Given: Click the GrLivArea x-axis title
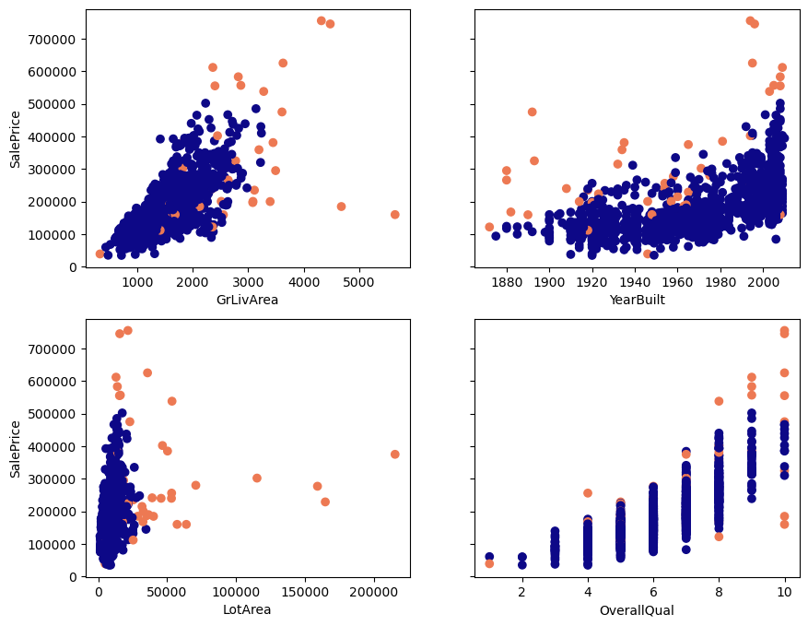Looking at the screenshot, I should point(247,300).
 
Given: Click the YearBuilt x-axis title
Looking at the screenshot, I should point(637,300).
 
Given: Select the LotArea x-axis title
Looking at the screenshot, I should point(247,609).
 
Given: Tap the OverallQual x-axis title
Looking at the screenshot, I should point(637,609).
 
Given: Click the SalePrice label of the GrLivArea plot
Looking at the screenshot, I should point(15,138).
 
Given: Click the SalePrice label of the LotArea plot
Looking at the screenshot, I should point(15,448).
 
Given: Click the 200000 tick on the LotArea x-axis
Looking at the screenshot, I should point(373,591).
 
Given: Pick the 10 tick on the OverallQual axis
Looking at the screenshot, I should point(785,591).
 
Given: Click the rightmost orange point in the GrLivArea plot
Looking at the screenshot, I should point(394,215).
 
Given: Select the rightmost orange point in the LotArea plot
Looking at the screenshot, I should point(394,455).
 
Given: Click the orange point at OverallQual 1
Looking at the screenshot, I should point(489,563).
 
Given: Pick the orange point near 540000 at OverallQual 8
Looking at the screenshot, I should point(719,401).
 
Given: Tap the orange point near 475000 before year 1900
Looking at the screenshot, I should point(532,112).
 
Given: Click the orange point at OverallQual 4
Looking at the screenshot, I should point(588,493).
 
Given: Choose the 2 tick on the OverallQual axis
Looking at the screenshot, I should point(522,591).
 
